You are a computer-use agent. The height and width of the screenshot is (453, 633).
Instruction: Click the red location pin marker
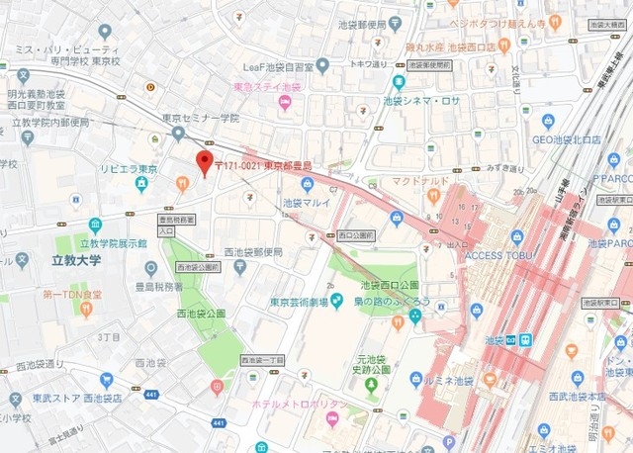204,163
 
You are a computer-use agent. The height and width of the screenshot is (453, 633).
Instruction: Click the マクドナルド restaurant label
421,182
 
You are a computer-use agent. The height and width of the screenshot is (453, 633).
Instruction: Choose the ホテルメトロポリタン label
301,405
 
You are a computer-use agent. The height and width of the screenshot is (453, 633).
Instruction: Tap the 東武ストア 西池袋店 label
77,398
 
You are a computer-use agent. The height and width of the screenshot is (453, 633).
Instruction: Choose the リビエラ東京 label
129,169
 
